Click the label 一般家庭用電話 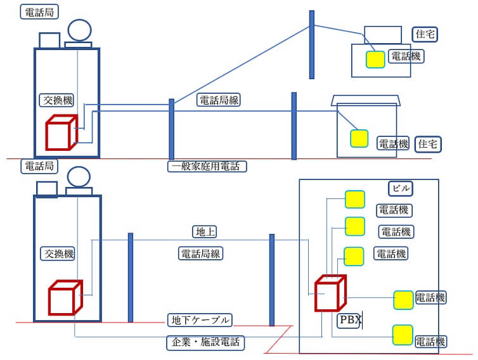tap(207, 167)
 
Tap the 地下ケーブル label tap(200, 319)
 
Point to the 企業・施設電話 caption tap(206, 343)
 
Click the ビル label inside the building tap(401, 188)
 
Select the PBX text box tap(349, 320)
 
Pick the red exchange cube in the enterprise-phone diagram tap(65, 297)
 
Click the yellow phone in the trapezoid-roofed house tap(359, 138)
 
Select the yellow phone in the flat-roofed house tap(375, 59)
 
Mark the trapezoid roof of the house tap(366, 100)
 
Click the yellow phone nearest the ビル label tap(354, 199)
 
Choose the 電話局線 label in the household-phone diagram tap(219, 100)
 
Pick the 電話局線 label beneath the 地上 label tap(202, 254)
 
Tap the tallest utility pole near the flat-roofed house tap(311, 44)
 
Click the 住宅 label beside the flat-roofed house tap(425, 34)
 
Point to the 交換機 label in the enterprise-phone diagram tap(58, 254)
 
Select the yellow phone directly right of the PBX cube tap(403, 299)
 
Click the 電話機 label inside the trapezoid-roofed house tap(394, 143)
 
